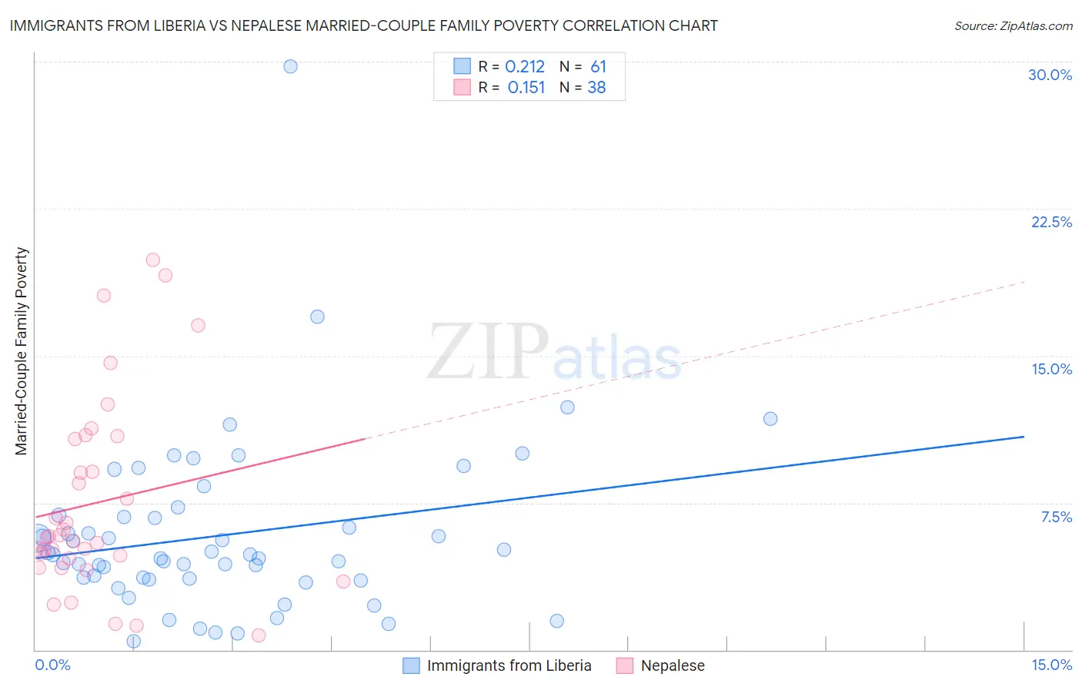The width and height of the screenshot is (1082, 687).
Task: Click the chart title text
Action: click(363, 25)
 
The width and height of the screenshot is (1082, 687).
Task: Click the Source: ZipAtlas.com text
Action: click(1013, 25)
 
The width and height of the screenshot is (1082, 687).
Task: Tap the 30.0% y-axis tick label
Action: click(1050, 75)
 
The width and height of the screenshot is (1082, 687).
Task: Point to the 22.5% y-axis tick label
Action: click(1051, 222)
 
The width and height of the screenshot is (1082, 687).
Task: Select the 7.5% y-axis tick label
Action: click(1056, 517)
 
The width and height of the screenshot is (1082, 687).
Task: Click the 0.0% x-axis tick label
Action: click(52, 665)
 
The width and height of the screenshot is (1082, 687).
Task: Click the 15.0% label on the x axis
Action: click(1051, 665)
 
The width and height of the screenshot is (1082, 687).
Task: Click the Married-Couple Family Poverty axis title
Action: click(21, 351)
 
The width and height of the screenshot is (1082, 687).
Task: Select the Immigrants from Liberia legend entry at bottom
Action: click(509, 665)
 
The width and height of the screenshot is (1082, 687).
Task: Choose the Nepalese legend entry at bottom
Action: click(672, 665)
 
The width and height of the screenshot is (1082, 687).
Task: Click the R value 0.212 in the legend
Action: click(525, 67)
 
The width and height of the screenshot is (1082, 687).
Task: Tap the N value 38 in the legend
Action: click(596, 88)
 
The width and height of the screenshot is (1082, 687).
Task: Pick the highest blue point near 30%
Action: click(290, 66)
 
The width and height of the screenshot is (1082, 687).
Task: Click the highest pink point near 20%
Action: click(152, 260)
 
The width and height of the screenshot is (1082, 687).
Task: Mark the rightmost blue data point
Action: click(770, 419)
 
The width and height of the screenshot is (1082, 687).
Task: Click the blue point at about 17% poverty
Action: click(317, 317)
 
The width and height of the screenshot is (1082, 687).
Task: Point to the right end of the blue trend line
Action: click(1024, 437)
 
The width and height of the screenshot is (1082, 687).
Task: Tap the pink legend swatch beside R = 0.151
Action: click(462, 87)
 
